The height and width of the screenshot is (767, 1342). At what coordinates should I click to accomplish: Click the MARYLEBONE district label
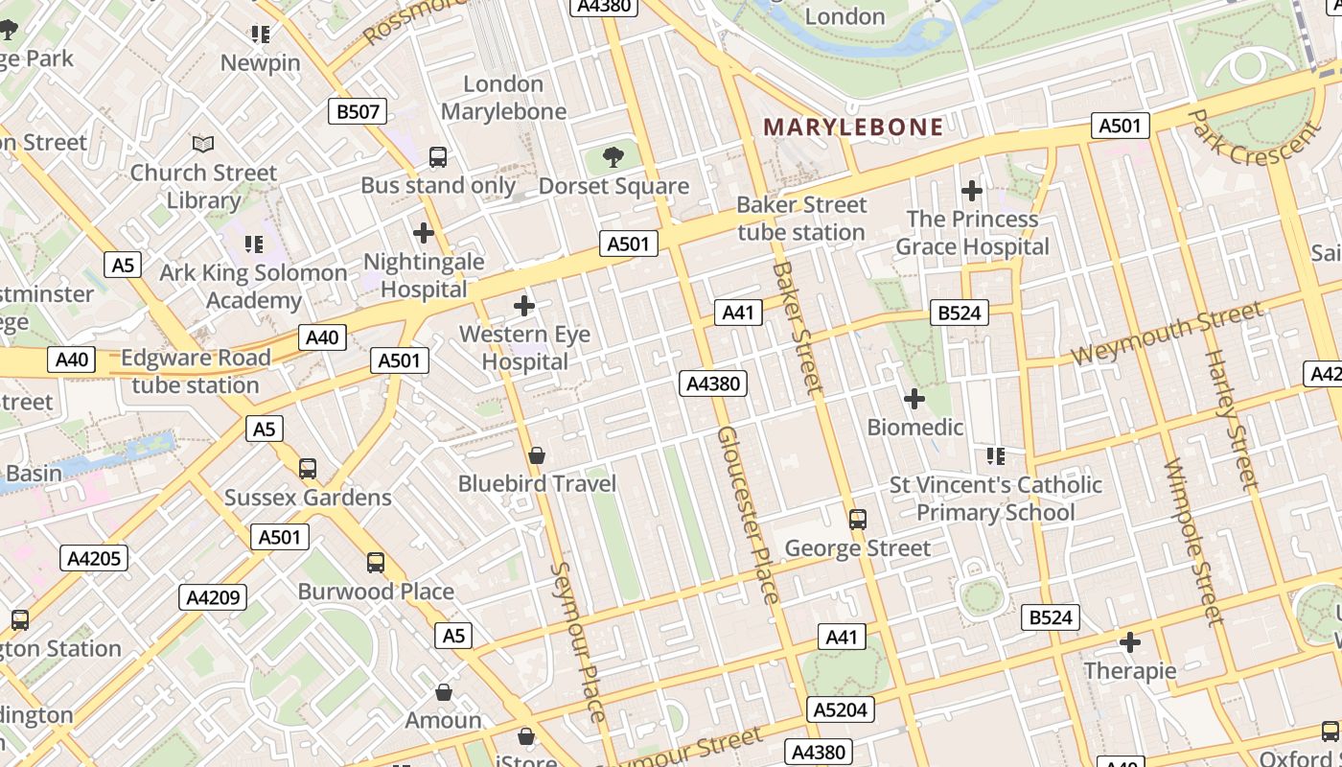853,127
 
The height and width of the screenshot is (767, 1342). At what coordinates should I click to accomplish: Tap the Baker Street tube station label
800,219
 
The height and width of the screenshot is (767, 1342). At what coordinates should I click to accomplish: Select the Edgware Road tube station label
196,371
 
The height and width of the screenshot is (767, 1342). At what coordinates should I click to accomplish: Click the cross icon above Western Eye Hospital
524,306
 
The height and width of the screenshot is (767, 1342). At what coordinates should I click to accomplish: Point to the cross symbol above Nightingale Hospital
423,233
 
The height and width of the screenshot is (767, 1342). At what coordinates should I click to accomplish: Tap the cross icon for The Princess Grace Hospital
972,191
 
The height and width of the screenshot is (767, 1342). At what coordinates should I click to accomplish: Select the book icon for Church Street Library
203,144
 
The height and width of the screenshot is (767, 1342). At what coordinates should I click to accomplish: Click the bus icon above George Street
858,520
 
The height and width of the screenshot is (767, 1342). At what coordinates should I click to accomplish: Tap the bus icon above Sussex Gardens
308,469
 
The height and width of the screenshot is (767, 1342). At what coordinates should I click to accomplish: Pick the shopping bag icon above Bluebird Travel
537,455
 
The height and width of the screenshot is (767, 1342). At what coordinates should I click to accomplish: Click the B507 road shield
357,111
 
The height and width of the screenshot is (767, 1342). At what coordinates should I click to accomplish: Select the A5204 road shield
840,709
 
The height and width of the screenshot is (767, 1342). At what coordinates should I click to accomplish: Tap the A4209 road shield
213,597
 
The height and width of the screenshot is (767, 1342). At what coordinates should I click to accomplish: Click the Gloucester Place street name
748,515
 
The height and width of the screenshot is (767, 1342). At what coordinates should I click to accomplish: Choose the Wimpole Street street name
1194,542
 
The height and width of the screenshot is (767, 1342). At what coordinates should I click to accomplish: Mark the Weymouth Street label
1167,333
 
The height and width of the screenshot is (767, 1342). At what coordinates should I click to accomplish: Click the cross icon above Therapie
1130,641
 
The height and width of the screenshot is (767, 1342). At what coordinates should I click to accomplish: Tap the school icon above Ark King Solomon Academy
254,244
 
